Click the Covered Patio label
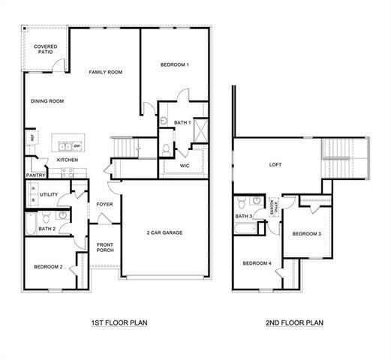point(45,49)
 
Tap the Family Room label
point(105,72)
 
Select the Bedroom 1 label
point(174,64)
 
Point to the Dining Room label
point(47,101)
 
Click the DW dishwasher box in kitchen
point(77,145)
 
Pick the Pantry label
point(35,175)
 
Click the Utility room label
point(50,194)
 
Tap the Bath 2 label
point(47,228)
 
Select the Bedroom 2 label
point(47,267)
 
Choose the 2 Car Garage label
point(164,232)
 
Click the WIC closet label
point(184,166)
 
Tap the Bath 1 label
point(182,122)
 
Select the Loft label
point(275,165)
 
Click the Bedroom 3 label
point(306,234)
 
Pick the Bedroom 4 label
point(257,263)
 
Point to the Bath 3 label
point(243,217)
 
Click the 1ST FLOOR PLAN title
point(119,323)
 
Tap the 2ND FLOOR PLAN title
point(294,323)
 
